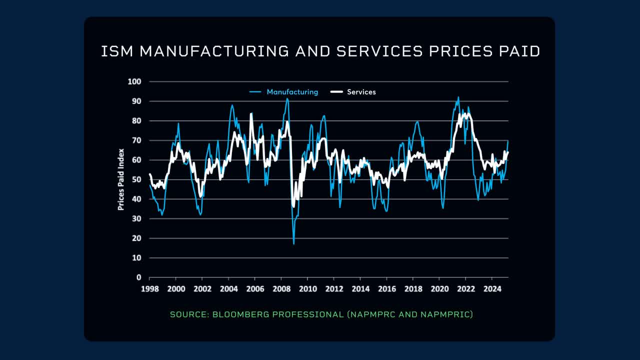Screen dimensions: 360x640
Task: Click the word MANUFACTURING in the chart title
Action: click(213, 51)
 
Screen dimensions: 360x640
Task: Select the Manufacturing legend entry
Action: click(292, 92)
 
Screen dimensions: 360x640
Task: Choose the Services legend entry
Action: click(361, 92)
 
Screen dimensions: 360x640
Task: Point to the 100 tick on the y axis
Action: click(135, 81)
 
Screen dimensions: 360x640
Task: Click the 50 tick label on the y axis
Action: click(137, 179)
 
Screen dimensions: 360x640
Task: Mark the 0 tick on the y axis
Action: click(139, 277)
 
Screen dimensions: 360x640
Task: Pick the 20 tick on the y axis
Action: click(137, 238)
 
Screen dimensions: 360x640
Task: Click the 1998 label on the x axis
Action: click(149, 289)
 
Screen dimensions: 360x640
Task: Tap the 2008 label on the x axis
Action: click(280, 289)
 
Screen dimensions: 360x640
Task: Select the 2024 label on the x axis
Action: click(491, 289)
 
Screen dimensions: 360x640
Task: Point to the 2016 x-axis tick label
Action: click(386, 289)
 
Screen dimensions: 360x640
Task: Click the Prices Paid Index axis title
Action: click(121, 179)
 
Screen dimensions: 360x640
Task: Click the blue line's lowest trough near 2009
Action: click(293, 243)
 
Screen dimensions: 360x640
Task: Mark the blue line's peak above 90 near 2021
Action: click(458, 97)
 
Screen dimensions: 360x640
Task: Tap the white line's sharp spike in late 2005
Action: click(251, 113)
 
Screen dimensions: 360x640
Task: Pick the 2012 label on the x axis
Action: click(333, 289)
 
